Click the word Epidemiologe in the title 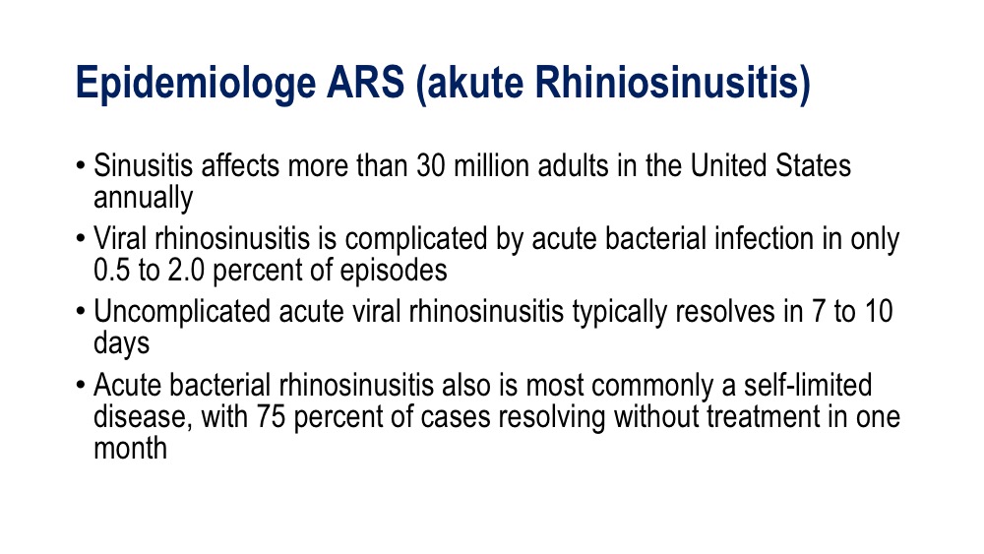(x=195, y=84)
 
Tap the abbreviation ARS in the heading (x=365, y=83)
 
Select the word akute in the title (x=469, y=84)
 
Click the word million (x=491, y=166)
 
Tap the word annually (x=143, y=198)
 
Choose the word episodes (x=394, y=271)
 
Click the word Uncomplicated (x=182, y=312)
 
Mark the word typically (x=619, y=312)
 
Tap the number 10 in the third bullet (x=879, y=312)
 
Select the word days (x=122, y=343)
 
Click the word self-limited (x=808, y=385)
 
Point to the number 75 (x=271, y=417)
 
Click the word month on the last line (x=131, y=449)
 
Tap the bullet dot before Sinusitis (x=81, y=167)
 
